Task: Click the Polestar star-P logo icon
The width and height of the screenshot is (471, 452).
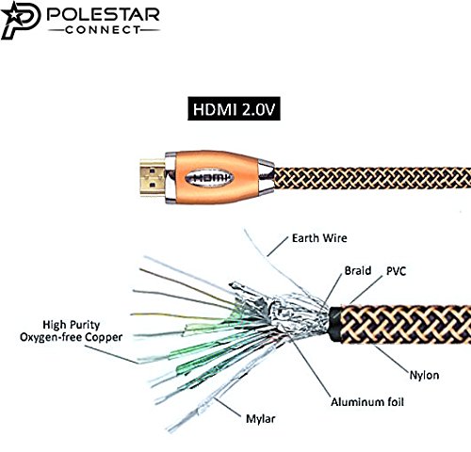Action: (21, 20)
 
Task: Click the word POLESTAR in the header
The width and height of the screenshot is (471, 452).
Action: (104, 14)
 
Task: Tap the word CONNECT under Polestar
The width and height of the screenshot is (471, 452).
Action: (103, 30)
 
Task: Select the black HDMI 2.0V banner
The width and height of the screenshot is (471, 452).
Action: (234, 108)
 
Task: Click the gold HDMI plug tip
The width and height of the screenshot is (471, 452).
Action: (153, 177)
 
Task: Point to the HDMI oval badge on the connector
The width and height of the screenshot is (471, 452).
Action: (209, 178)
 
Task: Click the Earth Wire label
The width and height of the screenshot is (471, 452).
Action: (319, 238)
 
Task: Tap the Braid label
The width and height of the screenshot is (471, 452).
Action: (358, 270)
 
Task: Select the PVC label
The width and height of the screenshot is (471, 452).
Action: (396, 271)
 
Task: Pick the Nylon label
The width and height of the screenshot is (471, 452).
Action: (424, 375)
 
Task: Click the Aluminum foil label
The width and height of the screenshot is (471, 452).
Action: (367, 402)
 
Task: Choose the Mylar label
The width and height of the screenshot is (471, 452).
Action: (260, 419)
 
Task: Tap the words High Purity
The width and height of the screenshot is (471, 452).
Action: (72, 325)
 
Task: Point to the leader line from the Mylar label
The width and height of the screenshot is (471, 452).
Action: (228, 408)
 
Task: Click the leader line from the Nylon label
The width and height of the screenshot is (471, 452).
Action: (392, 359)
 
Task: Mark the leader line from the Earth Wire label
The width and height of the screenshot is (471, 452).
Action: (278, 246)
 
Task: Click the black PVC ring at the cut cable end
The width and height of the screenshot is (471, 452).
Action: (334, 324)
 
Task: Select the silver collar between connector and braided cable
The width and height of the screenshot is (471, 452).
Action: (267, 177)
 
